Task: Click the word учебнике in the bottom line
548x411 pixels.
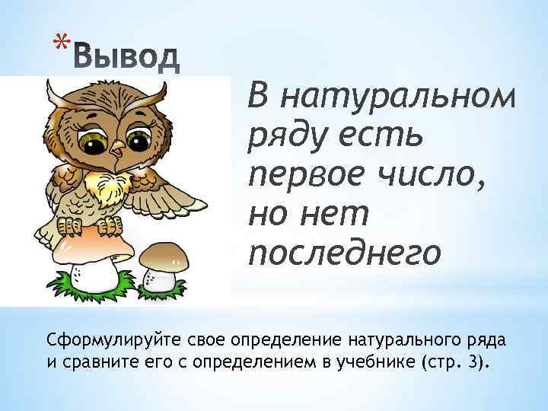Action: (372, 361)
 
